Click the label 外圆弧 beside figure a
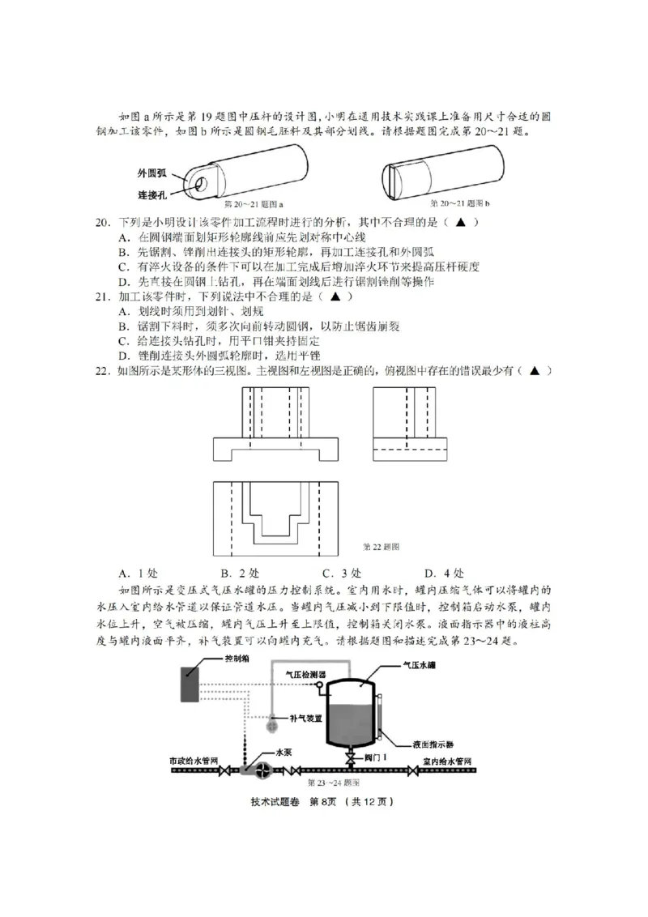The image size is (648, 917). [151, 173]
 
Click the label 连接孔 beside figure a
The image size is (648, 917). [151, 194]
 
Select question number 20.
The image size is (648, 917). [103, 222]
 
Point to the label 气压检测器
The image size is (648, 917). [305, 673]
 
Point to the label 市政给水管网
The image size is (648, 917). [194, 761]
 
